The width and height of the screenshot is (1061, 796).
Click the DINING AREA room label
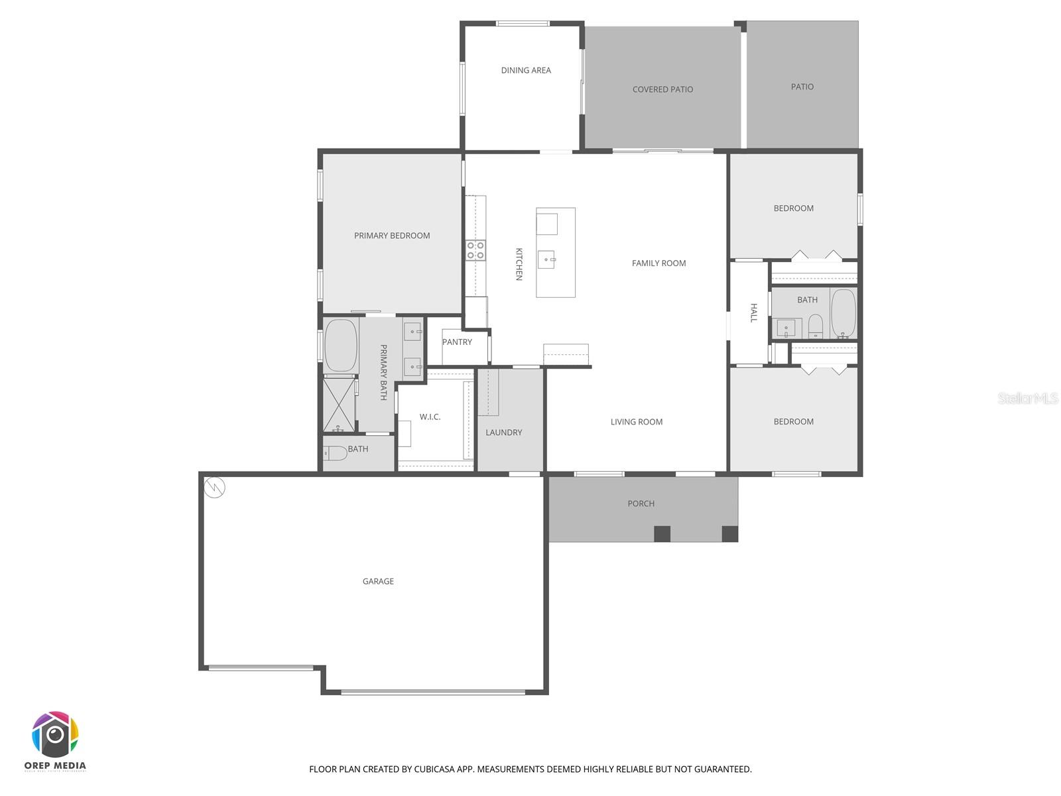coord(526,70)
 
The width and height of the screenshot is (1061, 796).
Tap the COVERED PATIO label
coord(662,90)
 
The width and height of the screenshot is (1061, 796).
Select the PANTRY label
coord(457,342)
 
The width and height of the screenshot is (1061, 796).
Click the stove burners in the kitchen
coord(475,250)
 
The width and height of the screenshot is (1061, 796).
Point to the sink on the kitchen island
coord(546,259)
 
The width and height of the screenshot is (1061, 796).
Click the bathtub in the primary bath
coord(341,346)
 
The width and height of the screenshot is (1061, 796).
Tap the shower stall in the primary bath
coord(340,405)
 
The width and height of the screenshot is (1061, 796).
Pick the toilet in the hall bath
coord(816,325)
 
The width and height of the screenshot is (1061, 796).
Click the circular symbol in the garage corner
coord(215,488)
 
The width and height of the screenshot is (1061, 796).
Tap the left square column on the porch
coord(662,533)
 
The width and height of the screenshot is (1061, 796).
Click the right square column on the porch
coord(729,533)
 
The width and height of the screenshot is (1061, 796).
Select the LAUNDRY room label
coord(503,432)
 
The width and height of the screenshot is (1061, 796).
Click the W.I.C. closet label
coord(430,417)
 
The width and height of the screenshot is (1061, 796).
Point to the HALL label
coord(753,313)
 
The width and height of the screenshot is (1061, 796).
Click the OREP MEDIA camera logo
coord(55,734)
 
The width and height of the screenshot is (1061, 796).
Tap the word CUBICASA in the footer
coord(438,769)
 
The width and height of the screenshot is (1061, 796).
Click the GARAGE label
coord(378,582)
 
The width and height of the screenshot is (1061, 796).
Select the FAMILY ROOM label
coord(658,263)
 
